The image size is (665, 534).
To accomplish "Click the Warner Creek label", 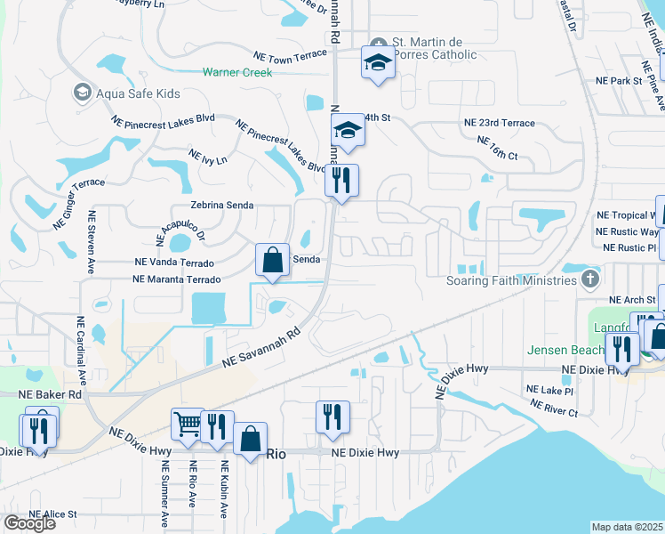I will (x=237, y=72).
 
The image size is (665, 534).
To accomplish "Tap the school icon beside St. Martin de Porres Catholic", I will (x=378, y=63).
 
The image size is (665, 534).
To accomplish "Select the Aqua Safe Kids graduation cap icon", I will (x=83, y=93).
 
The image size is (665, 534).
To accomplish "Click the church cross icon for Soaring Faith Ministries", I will (x=589, y=280).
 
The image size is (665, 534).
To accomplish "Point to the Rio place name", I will (x=276, y=454).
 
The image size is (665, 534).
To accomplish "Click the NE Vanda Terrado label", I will (x=173, y=263).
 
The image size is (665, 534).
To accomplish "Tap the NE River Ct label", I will (x=554, y=408).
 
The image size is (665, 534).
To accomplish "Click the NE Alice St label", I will (x=53, y=514).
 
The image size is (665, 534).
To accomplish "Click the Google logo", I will (x=29, y=523).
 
